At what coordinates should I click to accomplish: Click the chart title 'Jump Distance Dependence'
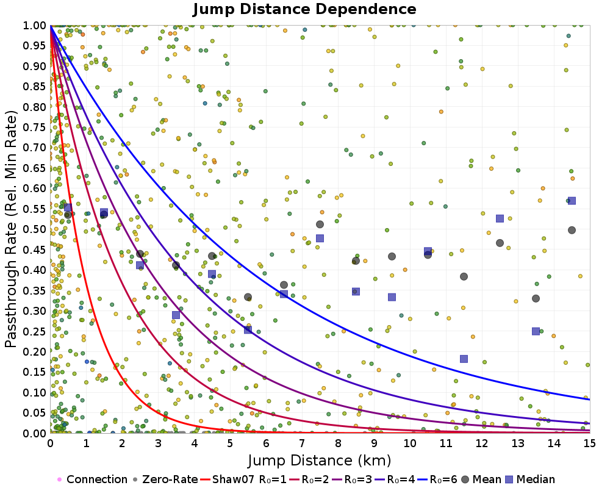[x=304, y=10]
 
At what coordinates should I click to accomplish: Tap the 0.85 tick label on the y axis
[x=35, y=86]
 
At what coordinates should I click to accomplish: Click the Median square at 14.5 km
[x=572, y=201]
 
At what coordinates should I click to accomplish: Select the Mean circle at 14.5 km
[x=572, y=230]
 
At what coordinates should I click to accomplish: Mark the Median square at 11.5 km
[x=464, y=359]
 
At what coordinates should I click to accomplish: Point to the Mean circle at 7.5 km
[x=320, y=224]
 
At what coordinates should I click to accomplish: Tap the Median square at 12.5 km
[x=500, y=218]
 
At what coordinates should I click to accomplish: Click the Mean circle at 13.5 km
[x=536, y=298]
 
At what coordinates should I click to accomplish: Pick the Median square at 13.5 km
[x=536, y=331]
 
